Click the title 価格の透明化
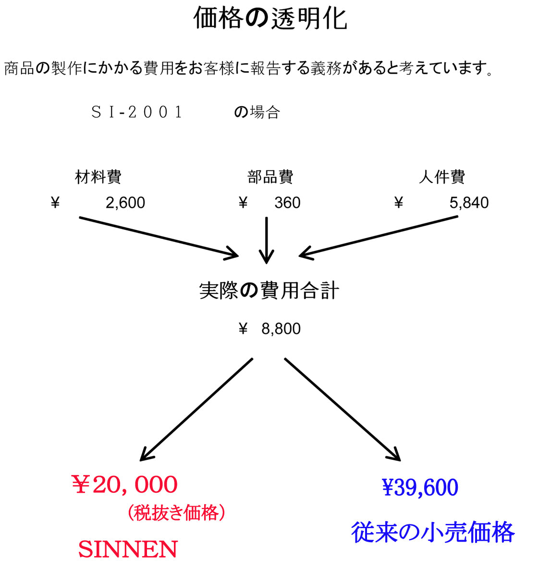(x=270, y=19)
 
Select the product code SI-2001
(x=137, y=112)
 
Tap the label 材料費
(x=98, y=177)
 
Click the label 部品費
(x=270, y=177)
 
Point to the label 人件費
(x=441, y=177)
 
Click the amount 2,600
(x=125, y=203)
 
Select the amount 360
(x=287, y=203)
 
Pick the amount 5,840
(x=469, y=203)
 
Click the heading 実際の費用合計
(x=269, y=291)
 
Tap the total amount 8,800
(x=281, y=329)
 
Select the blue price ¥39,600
(x=420, y=488)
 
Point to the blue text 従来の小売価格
(x=433, y=533)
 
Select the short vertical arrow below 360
(x=266, y=240)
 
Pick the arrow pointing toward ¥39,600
(x=342, y=409)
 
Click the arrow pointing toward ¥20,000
(x=196, y=409)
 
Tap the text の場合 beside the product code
(x=257, y=112)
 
